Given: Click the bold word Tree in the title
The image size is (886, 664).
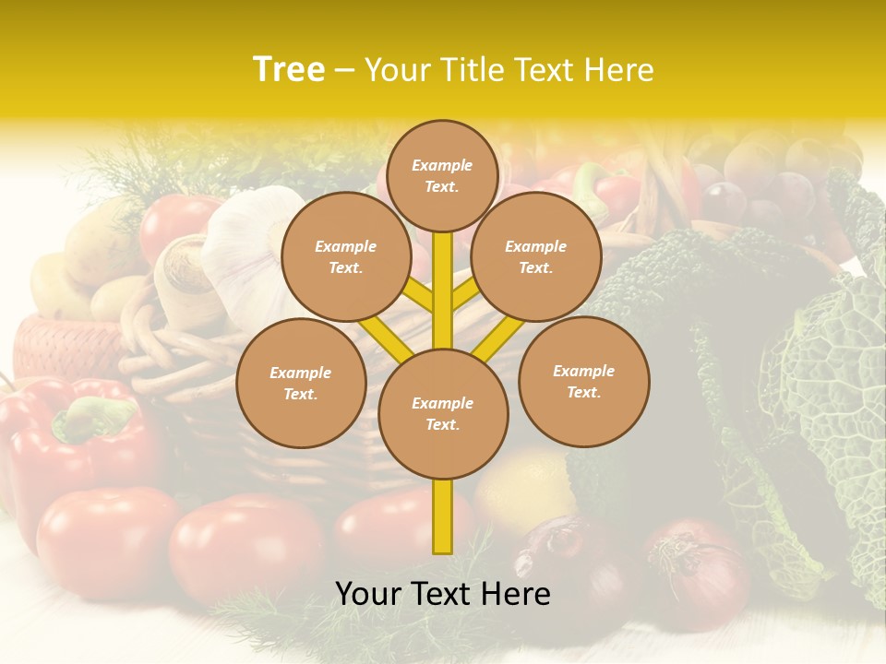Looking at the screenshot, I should click(289, 69).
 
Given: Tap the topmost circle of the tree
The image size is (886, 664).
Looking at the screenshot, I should click(442, 175).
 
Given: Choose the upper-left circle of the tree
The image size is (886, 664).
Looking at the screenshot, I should click(346, 256).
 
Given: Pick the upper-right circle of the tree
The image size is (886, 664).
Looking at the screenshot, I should click(536, 256).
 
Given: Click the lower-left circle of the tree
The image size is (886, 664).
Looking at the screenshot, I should click(301, 383).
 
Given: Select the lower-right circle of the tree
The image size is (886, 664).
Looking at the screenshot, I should click(583, 381).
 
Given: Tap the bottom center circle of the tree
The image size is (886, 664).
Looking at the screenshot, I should click(443, 413).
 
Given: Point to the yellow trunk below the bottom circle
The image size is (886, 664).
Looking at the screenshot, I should click(443, 516).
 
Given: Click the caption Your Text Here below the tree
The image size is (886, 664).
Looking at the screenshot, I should click(443, 594).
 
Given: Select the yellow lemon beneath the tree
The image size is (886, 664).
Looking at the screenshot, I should click(526, 489).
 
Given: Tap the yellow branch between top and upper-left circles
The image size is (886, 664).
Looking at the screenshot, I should click(417, 295).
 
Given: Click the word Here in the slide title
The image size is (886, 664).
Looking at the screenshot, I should click(624, 69).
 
